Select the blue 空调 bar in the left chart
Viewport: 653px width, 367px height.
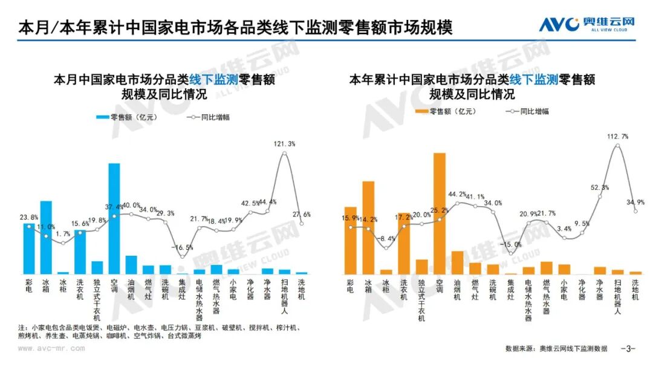(x=114, y=218)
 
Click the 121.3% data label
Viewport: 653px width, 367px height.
(x=284, y=144)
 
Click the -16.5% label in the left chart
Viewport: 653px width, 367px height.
(x=183, y=247)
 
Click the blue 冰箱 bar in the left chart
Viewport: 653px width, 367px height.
(x=46, y=237)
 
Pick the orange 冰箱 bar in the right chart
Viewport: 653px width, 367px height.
(x=368, y=227)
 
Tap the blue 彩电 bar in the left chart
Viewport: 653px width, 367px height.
(x=29, y=248)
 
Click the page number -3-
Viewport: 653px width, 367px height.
(x=628, y=349)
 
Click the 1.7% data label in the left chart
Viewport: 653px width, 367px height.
(x=63, y=233)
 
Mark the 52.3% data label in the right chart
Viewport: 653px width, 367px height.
(x=599, y=187)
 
